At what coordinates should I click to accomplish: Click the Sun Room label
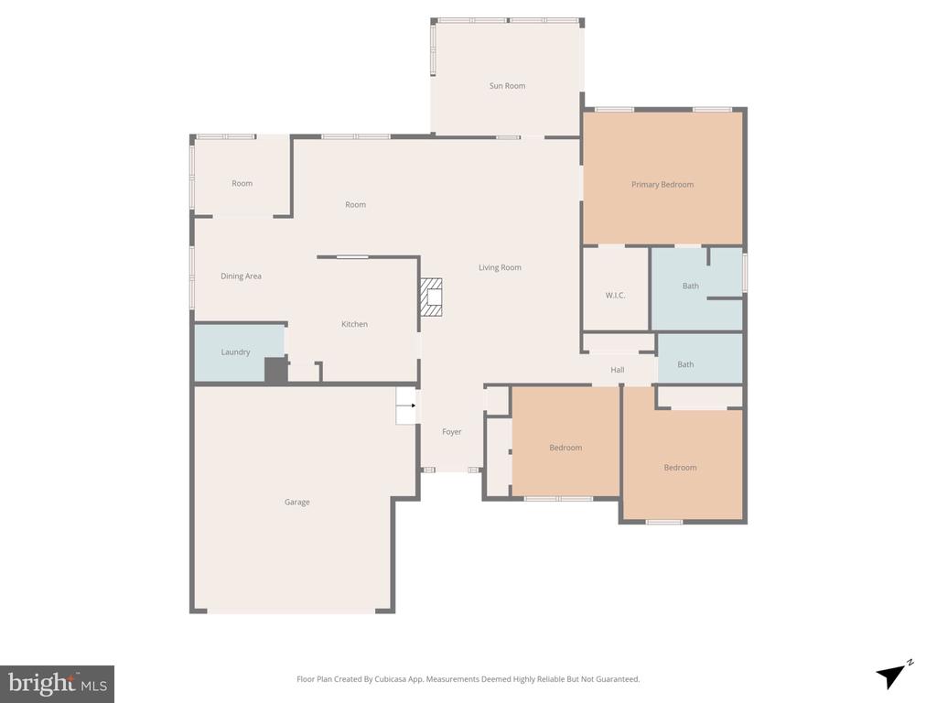pos(507,86)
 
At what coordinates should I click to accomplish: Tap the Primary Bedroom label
pos(662,185)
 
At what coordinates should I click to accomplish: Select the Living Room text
pos(500,268)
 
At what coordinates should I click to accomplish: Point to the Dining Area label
pos(241,276)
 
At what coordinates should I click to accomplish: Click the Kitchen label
pos(354,325)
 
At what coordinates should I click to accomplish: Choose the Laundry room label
pos(235,352)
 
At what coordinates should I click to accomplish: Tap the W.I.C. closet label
pos(615,296)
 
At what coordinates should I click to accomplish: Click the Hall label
pos(618,370)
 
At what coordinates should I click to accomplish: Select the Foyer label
pos(452,432)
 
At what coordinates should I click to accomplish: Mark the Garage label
pos(296,503)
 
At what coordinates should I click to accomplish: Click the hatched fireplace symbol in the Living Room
pos(431,297)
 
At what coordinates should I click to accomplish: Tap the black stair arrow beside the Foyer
pos(412,406)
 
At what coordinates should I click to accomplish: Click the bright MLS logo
pos(57,684)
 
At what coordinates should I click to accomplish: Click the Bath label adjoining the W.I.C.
pos(690,287)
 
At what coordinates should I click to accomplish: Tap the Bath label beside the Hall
pos(685,365)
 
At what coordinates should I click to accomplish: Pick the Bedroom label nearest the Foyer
pos(565,448)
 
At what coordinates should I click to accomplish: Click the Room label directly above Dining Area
pos(242,184)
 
